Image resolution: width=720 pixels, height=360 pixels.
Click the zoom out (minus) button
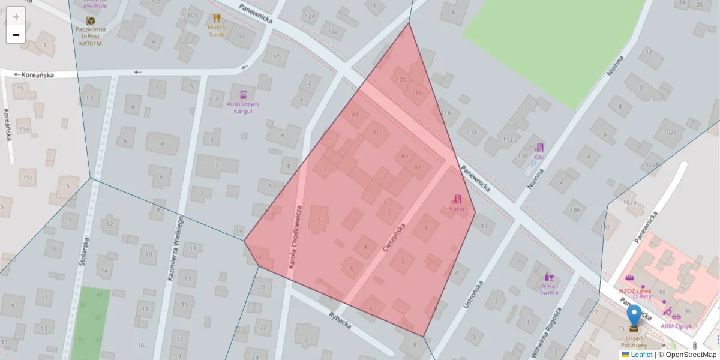(16, 35)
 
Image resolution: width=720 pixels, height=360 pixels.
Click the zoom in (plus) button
(16, 16)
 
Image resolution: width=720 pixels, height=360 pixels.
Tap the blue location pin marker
(634, 316)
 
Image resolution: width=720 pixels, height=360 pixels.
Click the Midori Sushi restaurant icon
(217, 19)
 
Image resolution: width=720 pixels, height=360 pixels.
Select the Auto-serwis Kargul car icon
(243, 94)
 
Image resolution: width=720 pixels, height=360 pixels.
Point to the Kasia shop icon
(457, 199)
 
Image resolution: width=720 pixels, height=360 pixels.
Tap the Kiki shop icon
(539, 147)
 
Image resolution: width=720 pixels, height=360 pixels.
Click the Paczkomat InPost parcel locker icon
(91, 21)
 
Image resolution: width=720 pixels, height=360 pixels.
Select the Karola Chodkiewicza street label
(296, 236)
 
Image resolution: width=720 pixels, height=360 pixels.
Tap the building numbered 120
(401, 79)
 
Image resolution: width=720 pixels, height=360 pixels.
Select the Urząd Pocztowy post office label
(634, 345)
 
